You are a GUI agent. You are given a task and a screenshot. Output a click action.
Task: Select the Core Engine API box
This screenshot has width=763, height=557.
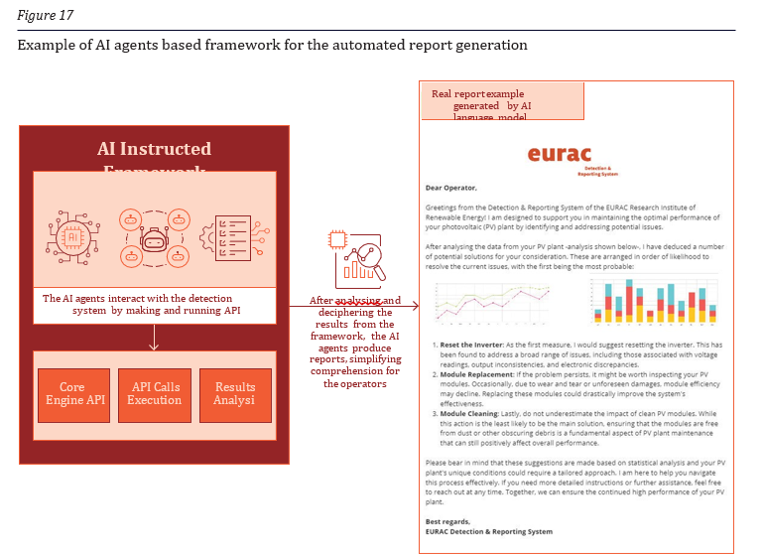tap(71, 394)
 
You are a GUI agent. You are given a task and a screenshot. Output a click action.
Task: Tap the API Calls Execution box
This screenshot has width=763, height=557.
tap(154, 394)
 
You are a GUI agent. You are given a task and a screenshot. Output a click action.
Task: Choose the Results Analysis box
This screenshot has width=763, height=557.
tap(235, 394)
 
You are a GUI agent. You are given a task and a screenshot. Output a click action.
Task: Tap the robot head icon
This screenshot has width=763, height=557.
tap(154, 239)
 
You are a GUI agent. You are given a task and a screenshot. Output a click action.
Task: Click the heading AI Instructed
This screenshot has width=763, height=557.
tap(154, 149)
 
